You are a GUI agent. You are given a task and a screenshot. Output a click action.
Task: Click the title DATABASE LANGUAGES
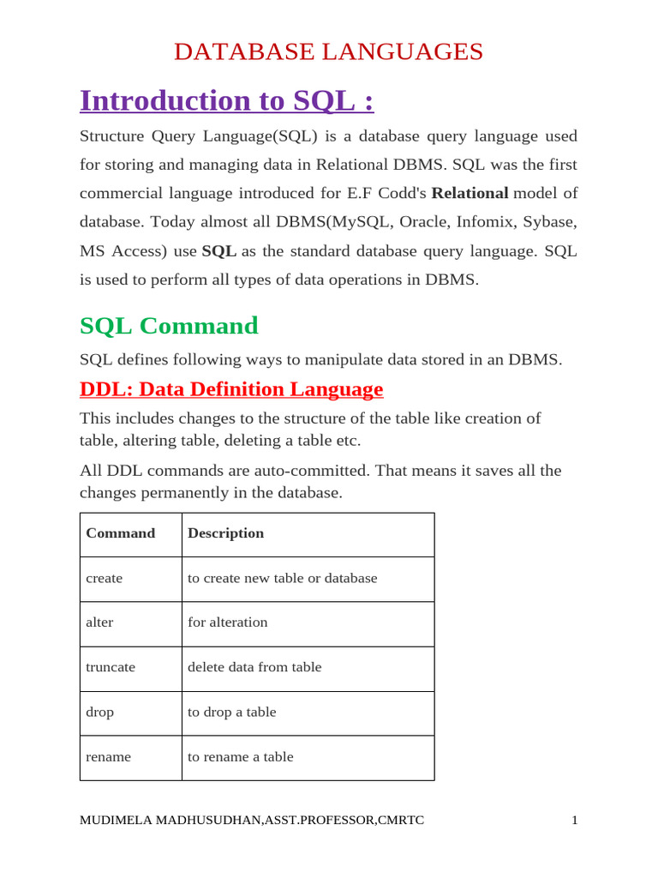coord(328,51)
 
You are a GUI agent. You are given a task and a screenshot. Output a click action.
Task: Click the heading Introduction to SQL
coord(227,101)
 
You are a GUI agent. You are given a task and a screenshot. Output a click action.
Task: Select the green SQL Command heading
coord(169,326)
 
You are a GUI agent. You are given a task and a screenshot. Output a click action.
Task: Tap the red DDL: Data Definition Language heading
coord(231,389)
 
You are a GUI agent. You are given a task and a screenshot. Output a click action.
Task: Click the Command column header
coord(121,533)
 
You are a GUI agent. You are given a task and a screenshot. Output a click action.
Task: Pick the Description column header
coord(226,533)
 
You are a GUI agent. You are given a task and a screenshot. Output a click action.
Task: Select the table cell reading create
coord(105,579)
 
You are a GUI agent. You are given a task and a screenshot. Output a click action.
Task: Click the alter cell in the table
coord(99,622)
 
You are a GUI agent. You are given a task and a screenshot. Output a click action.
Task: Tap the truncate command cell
coord(111,667)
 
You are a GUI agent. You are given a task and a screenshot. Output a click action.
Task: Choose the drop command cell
coord(99,713)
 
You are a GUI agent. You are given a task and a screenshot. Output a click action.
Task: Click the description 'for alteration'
coord(228,622)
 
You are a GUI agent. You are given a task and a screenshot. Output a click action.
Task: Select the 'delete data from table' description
coord(254,667)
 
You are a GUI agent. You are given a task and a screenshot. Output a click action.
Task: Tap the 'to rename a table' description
coord(241,757)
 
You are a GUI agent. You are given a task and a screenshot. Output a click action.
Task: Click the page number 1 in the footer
coord(575,821)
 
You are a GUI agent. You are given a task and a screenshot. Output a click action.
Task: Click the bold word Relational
coord(470,193)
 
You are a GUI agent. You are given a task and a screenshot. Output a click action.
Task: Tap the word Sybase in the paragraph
coord(552,222)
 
